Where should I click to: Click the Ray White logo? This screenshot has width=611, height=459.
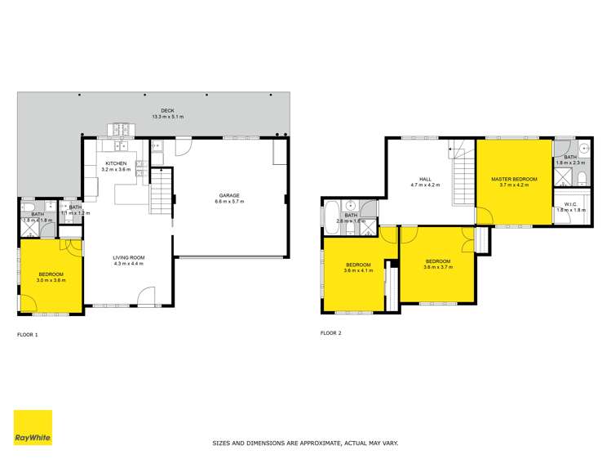[33, 427]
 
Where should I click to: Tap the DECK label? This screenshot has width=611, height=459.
[167, 111]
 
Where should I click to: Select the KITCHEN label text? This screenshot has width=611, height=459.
[114, 163]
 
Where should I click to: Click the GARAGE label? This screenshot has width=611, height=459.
[228, 195]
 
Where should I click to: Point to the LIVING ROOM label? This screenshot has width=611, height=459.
[128, 258]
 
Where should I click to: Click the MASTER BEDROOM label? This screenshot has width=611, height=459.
[514, 179]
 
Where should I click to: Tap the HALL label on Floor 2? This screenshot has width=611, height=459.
[424, 180]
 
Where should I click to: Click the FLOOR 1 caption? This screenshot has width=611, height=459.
[28, 334]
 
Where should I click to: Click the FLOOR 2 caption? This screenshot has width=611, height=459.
[331, 333]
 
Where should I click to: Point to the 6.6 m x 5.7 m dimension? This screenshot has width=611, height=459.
[228, 202]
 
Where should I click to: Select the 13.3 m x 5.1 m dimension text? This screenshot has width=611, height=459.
[167, 118]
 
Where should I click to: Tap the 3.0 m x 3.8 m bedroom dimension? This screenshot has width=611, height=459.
[50, 280]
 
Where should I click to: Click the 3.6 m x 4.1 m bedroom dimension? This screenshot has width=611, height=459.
[359, 270]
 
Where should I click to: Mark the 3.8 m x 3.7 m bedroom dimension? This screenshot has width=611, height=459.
[437, 267]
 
